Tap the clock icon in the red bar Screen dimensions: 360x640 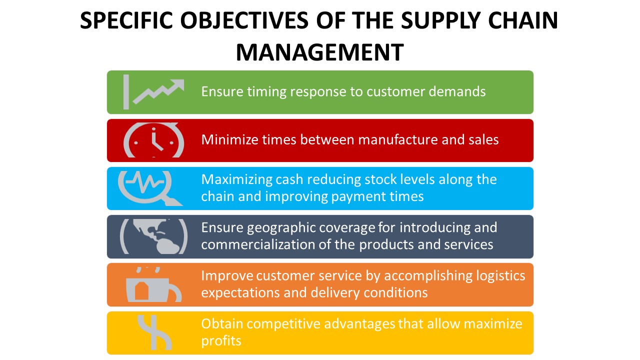154,140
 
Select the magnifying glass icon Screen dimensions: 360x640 149,188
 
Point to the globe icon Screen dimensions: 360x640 154,236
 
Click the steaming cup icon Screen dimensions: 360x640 153,285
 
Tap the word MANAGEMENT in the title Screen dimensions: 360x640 320,52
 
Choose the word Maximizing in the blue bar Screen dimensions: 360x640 237,179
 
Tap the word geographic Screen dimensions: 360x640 285,228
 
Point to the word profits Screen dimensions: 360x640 221,341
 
